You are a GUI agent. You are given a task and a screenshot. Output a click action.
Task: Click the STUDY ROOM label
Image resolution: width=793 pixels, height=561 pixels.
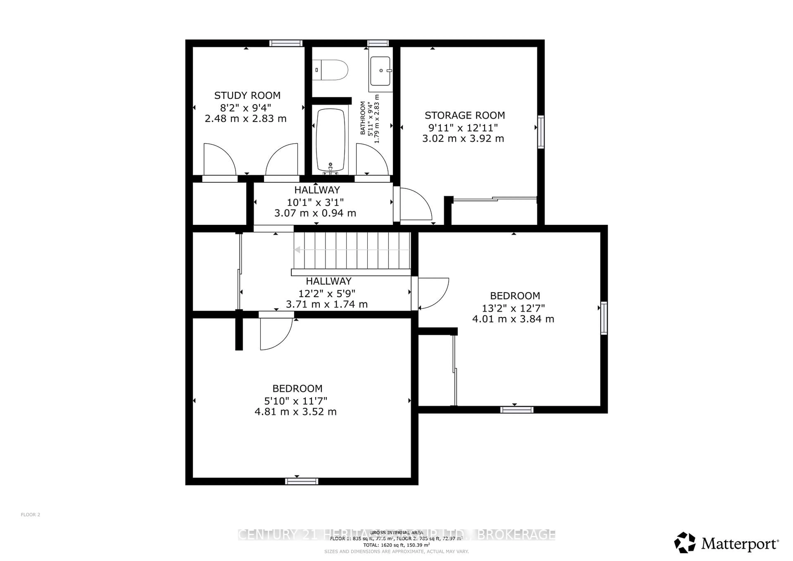pyautogui.click(x=247, y=95)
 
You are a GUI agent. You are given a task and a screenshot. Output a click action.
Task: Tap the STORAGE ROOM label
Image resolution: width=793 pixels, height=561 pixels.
pyautogui.click(x=464, y=115)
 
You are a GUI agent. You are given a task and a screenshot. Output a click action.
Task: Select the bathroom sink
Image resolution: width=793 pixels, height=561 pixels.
pyautogui.click(x=380, y=71)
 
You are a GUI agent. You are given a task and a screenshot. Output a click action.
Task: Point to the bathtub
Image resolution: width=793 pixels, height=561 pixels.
pyautogui.click(x=331, y=140)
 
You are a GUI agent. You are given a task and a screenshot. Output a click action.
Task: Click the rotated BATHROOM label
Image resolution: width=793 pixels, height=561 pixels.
pyautogui.click(x=363, y=118)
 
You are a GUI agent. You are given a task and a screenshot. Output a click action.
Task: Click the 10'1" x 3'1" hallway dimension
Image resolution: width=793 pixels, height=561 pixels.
pyautogui.click(x=315, y=202)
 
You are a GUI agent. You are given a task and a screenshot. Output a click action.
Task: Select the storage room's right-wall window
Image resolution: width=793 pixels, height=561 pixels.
pyautogui.click(x=541, y=132)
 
